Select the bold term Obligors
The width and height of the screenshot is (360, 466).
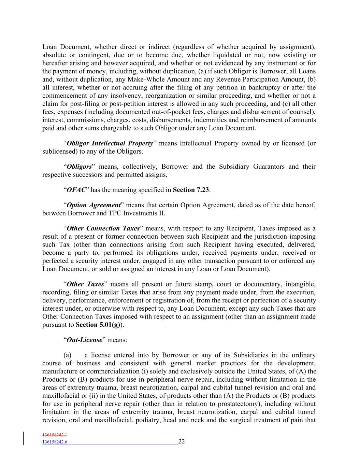tap(80, 167)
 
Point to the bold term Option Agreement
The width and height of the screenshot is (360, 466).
tap(94, 205)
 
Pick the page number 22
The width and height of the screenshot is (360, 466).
tap(182, 441)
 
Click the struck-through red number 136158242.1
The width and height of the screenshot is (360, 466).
tap(55, 435)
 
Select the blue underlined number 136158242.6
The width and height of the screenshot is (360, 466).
tap(55, 442)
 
